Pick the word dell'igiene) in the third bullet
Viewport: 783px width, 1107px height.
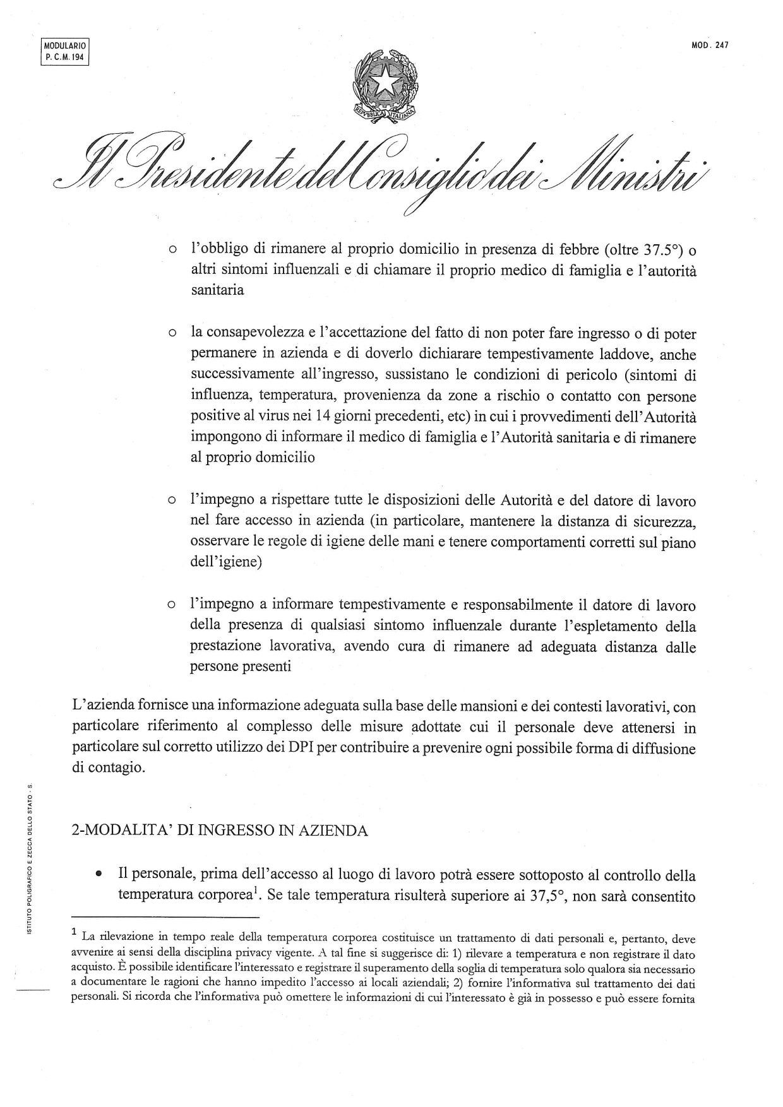(225, 562)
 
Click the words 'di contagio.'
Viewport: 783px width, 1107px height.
(108, 769)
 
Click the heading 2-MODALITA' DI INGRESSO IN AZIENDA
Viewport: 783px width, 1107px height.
(220, 830)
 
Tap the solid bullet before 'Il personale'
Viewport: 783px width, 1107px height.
(99, 875)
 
